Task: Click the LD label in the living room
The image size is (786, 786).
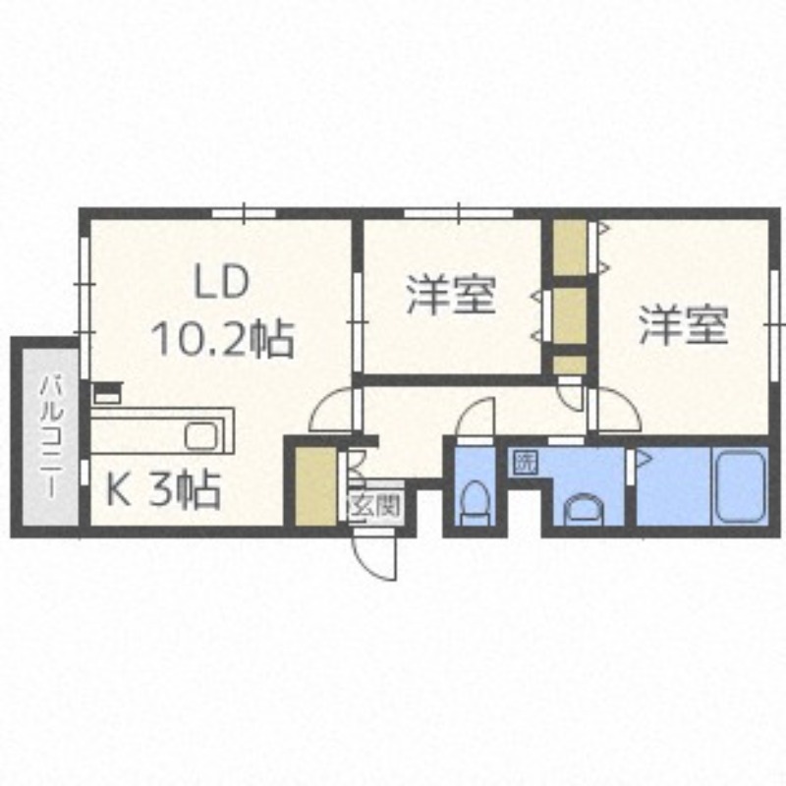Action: pyautogui.click(x=221, y=282)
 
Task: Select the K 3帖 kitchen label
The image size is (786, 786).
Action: pyautogui.click(x=163, y=489)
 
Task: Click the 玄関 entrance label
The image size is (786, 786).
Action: pyautogui.click(x=376, y=505)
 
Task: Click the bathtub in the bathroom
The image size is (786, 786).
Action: pyautogui.click(x=740, y=486)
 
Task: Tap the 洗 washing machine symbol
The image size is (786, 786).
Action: pyautogui.click(x=525, y=462)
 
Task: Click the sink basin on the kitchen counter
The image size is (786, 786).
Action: pyautogui.click(x=201, y=434)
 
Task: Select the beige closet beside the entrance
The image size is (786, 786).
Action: pyautogui.click(x=315, y=485)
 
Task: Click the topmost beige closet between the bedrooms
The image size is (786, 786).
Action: pyautogui.click(x=570, y=248)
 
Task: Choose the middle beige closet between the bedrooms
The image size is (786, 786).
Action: pyautogui.click(x=570, y=315)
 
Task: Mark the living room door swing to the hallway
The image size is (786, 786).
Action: pyautogui.click(x=333, y=410)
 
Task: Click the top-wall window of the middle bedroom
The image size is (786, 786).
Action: pyautogui.click(x=459, y=213)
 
